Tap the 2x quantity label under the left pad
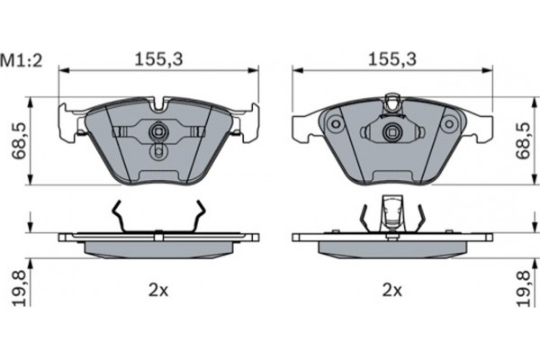tap(158, 290)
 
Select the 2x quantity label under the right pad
tap(392, 290)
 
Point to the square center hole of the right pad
tap(392, 132)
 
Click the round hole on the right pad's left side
tap(333, 121)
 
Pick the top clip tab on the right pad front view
tap(392, 101)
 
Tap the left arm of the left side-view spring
tap(117, 216)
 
